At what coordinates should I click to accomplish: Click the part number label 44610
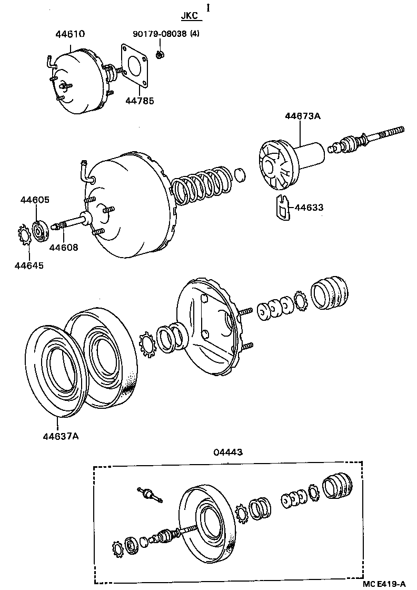tap(71, 34)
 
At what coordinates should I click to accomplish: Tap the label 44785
tap(140, 100)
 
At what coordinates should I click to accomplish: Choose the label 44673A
tap(302, 116)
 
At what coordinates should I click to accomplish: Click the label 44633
tap(309, 208)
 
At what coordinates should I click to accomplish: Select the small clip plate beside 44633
tap(282, 207)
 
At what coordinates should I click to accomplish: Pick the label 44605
tap(35, 200)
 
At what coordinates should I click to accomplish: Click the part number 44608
tap(64, 247)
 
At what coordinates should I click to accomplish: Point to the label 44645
tap(29, 265)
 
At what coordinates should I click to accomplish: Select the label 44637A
tap(61, 436)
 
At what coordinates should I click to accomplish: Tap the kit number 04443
tap(228, 452)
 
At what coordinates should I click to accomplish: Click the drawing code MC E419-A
tap(384, 584)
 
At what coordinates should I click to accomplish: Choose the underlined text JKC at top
tap(190, 16)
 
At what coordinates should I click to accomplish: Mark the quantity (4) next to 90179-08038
tap(195, 34)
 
